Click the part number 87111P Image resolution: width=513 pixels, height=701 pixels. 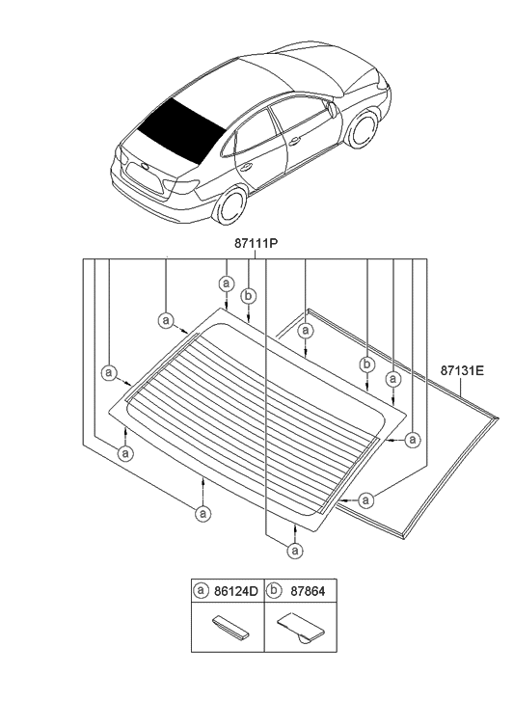tap(256, 246)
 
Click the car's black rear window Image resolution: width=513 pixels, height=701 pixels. tap(180, 128)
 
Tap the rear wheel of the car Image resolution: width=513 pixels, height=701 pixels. tap(231, 205)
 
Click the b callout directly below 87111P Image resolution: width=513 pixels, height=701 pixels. tap(248, 296)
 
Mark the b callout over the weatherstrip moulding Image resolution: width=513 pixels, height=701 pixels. tap(366, 364)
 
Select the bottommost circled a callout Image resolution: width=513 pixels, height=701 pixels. tap(293, 550)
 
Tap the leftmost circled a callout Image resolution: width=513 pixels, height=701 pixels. tap(109, 372)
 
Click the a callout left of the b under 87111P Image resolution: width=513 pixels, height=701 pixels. tap(226, 283)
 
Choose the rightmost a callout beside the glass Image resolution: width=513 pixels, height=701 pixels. tap(413, 440)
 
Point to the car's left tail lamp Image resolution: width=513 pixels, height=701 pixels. tap(183, 185)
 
